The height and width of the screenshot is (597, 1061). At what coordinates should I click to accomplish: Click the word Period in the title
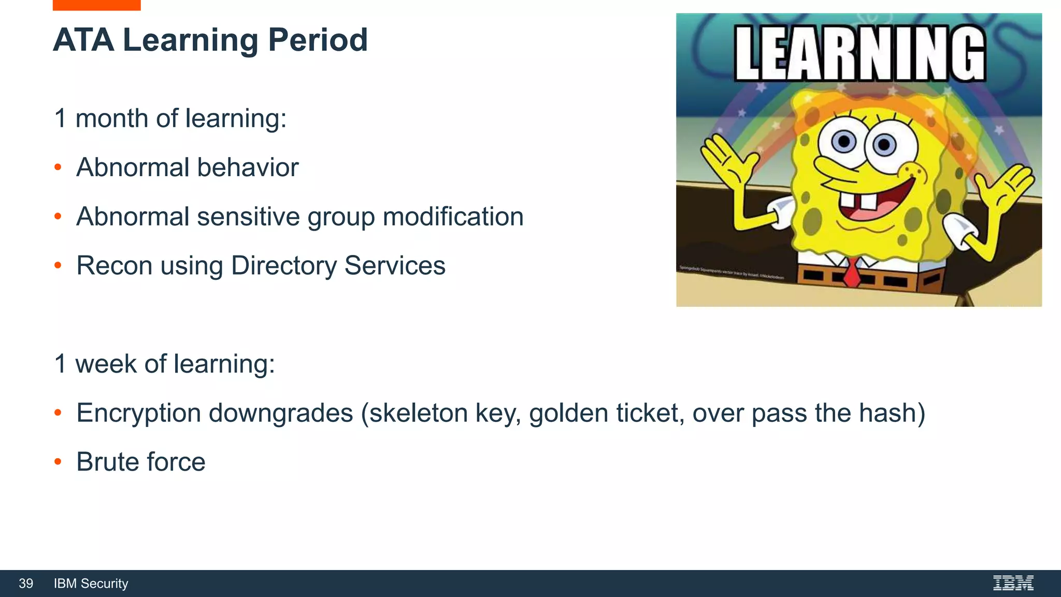pyautogui.click(x=318, y=40)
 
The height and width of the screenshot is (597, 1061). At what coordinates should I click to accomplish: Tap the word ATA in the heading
pyautogui.click(x=83, y=40)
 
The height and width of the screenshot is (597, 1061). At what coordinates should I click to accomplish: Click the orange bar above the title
pyautogui.click(x=96, y=5)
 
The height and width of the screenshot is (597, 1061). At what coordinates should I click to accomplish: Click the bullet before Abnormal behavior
pyautogui.click(x=58, y=167)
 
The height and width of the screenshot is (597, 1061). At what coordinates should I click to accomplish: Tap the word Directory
pyautogui.click(x=283, y=266)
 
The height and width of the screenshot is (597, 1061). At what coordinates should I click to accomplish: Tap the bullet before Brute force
pyautogui.click(x=58, y=462)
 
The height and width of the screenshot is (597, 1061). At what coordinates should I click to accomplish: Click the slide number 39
pyautogui.click(x=26, y=584)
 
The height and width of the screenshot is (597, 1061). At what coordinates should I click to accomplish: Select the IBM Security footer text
pyautogui.click(x=91, y=584)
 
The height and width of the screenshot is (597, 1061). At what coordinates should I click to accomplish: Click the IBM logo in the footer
pyautogui.click(x=1013, y=584)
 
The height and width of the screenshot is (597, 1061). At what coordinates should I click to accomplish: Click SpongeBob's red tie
pyautogui.click(x=851, y=272)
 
